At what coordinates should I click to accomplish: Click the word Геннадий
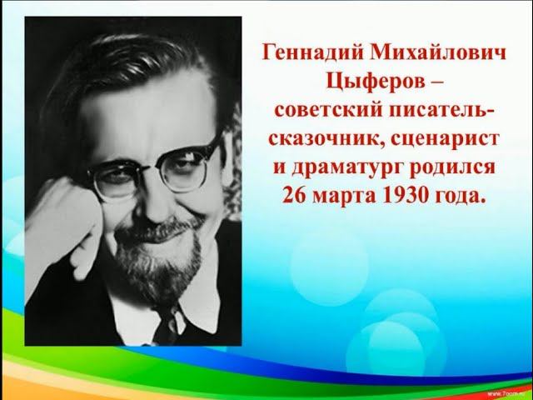[312, 54]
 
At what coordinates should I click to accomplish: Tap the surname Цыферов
[376, 82]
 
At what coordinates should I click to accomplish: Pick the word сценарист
[445, 140]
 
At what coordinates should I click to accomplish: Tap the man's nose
[157, 205]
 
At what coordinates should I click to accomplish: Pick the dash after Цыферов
[437, 82]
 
